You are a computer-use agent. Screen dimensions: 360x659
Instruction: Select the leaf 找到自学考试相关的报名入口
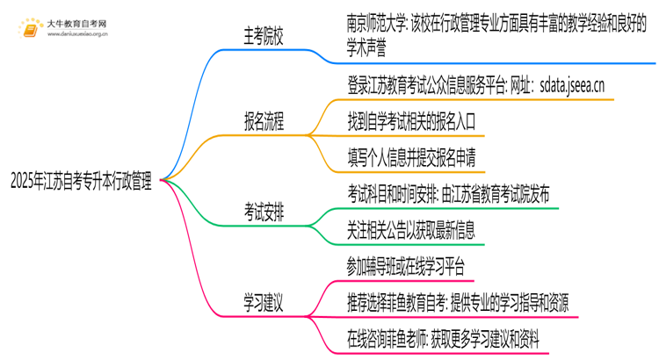tap(424, 124)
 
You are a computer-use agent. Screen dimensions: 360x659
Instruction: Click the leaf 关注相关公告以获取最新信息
tap(423, 228)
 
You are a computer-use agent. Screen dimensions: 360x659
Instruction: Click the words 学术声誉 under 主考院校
tap(371, 51)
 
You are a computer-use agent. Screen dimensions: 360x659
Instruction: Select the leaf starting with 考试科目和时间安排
tap(450, 191)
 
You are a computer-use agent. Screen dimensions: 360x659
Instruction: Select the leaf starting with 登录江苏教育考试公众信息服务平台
tap(475, 86)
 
